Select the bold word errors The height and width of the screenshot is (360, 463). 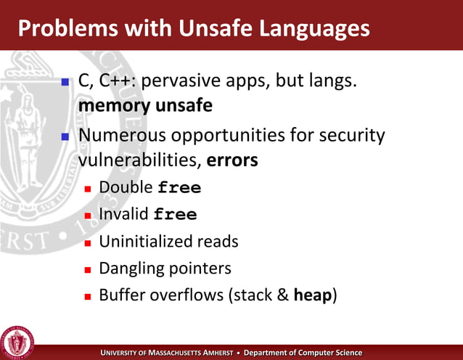[232, 160]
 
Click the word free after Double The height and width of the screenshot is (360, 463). [179, 188]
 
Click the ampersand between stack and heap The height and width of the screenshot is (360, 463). [282, 295]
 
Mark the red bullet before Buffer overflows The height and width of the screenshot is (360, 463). [88, 297]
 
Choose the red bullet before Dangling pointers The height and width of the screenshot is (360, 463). [88, 269]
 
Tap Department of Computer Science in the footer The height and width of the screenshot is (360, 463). [303, 353]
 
